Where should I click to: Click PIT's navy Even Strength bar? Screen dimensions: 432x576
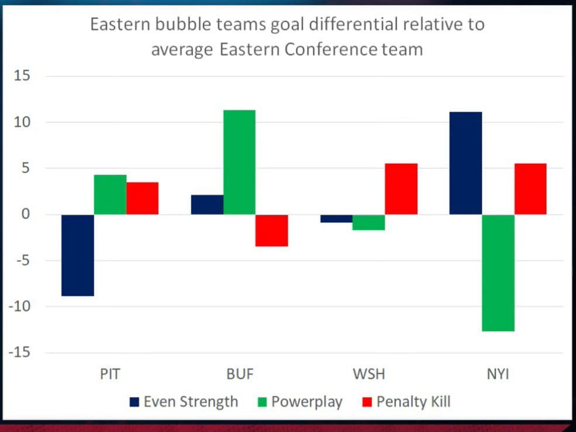(78, 255)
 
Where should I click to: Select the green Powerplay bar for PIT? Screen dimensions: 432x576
(110, 195)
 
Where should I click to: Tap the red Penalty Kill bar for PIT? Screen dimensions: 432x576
(142, 198)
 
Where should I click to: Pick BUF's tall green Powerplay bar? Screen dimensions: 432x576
(239, 162)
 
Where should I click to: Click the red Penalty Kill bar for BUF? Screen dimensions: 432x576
(271, 230)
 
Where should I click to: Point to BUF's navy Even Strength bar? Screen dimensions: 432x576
(207, 205)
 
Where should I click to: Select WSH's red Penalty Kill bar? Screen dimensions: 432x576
(401, 189)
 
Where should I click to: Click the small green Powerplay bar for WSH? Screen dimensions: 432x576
(368, 222)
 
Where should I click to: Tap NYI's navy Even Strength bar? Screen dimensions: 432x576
(465, 163)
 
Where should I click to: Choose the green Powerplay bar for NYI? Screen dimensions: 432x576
(498, 272)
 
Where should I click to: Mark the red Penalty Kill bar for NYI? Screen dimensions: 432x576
(530, 189)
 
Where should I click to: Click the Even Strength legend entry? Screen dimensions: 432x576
(184, 402)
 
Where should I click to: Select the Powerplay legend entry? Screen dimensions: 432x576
(299, 402)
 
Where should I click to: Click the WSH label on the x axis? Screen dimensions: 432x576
(368, 374)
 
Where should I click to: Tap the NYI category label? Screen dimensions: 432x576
(498, 374)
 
